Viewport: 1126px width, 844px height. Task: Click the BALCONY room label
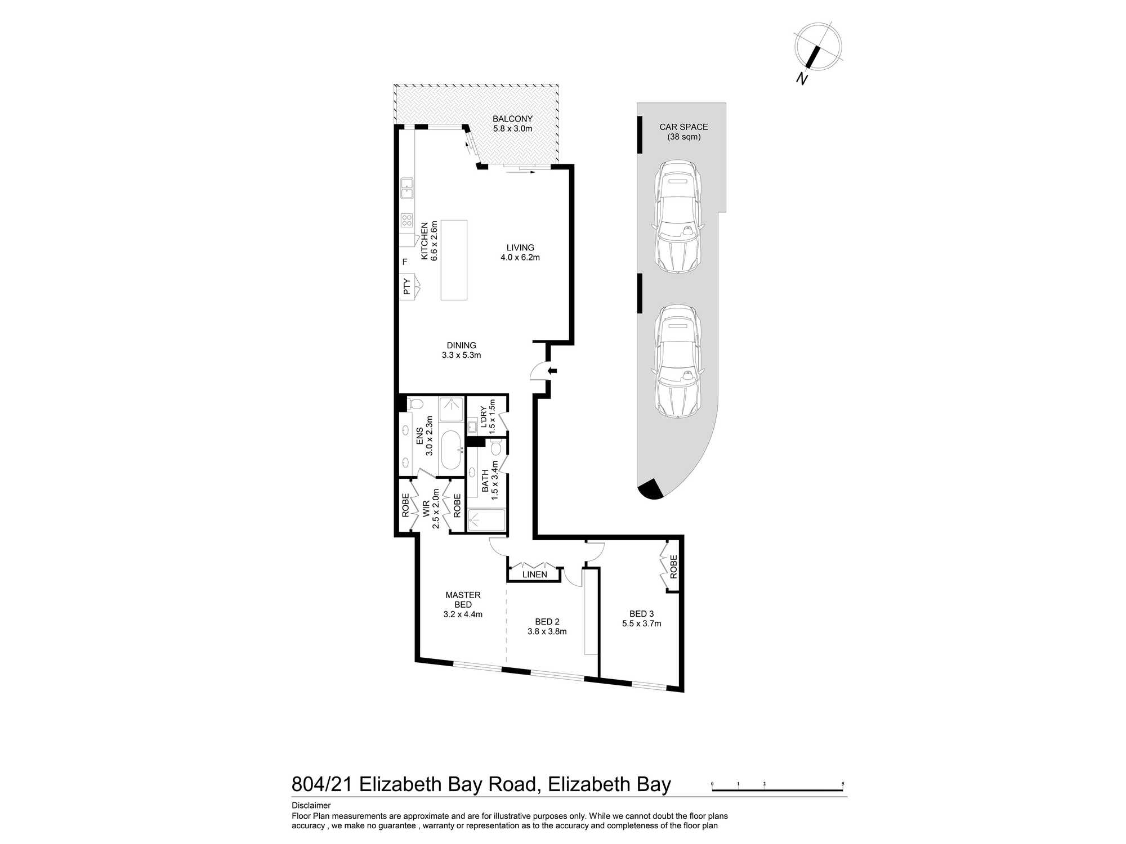(512, 119)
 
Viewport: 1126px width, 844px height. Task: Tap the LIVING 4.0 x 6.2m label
(520, 253)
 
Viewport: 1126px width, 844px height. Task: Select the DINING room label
(462, 345)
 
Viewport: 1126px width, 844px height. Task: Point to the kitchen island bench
(454, 260)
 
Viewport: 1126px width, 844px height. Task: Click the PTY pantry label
(406, 287)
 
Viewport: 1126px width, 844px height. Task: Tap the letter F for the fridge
(405, 262)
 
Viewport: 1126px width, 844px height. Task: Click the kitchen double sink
(406, 188)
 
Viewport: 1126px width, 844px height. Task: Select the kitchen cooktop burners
(406, 220)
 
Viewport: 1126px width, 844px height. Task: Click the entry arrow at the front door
(552, 370)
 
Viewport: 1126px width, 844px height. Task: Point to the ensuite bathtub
(451, 450)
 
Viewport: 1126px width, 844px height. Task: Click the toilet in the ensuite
(415, 403)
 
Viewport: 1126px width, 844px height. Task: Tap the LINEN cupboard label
(534, 574)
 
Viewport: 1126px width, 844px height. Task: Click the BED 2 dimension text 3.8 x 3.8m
(547, 631)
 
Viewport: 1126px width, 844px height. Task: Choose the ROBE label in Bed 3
(673, 567)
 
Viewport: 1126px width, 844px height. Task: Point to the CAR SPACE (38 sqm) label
(683, 132)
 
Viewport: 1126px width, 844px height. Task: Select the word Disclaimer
(311, 806)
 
